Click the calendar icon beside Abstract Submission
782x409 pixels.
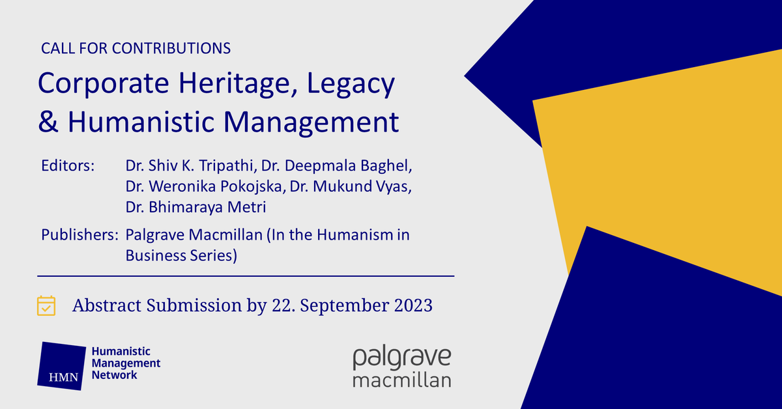[46, 305]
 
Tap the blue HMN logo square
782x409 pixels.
[62, 365]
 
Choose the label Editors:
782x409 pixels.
[68, 165]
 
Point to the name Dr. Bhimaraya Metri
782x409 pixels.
[197, 208]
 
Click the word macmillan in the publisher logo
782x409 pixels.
[401, 380]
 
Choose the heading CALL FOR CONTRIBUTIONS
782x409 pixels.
[136, 48]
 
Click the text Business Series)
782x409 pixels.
[181, 256]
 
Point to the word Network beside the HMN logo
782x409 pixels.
[115, 375]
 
